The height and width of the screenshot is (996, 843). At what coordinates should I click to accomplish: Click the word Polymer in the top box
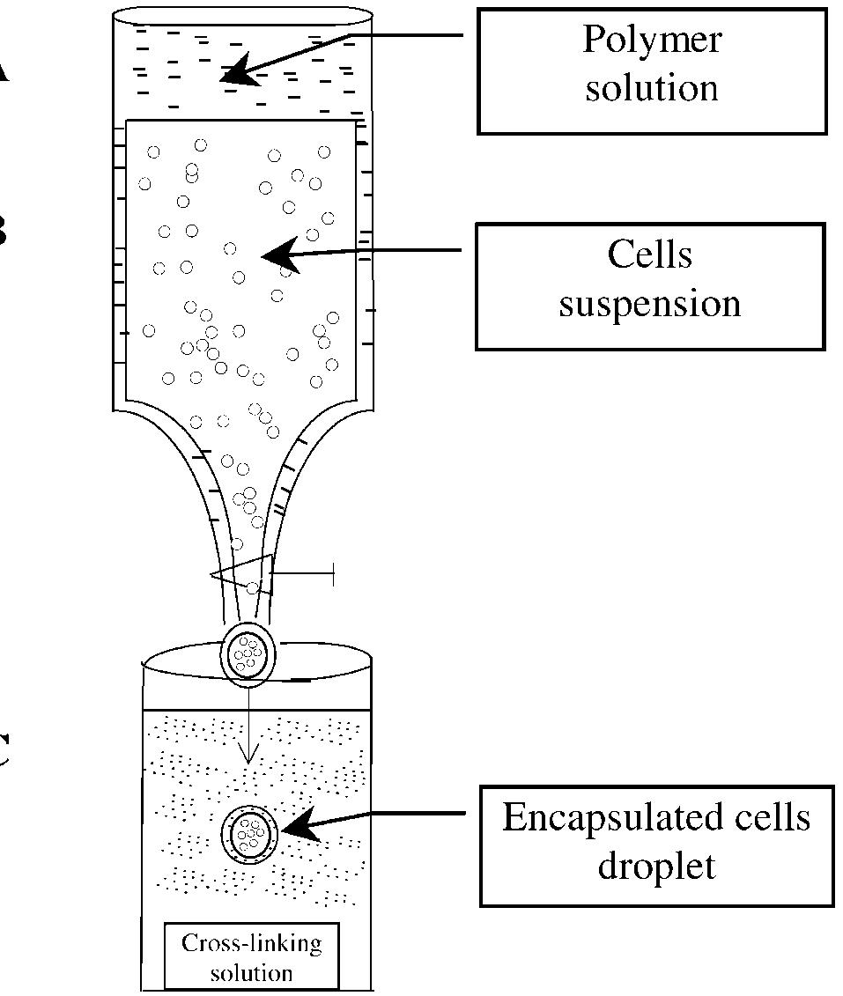pos(651,41)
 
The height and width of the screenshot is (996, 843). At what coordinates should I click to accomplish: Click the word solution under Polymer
pos(651,88)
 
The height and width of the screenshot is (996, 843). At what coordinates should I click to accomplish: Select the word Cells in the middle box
pos(650,255)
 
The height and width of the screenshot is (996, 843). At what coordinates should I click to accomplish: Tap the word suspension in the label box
pos(650,304)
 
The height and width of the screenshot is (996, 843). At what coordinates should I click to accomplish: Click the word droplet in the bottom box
pos(656,865)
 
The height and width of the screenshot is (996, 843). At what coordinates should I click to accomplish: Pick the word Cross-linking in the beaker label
pos(251,944)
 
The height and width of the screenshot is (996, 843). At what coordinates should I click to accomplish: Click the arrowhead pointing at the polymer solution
pos(234,73)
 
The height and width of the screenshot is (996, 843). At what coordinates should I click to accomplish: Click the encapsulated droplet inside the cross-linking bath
pos(250,831)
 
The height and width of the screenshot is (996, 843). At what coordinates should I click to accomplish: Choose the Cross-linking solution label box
pos(251,957)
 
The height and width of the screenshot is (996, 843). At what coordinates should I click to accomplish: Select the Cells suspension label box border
pos(477,286)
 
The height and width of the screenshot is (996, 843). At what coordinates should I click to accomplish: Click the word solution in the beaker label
pos(251,973)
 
